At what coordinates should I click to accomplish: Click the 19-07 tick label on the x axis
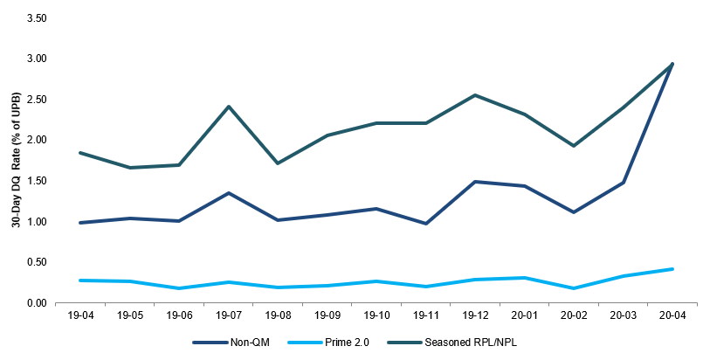tap(228, 315)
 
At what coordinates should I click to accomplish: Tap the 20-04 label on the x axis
tap(672, 315)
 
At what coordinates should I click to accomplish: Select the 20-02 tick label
tap(574, 315)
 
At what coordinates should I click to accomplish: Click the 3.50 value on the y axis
tap(38, 18)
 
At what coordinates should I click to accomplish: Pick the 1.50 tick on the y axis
tap(38, 181)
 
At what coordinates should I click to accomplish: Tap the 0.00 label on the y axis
tap(38, 303)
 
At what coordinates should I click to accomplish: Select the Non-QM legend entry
tap(231, 343)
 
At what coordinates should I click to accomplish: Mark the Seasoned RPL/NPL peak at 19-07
tap(228, 107)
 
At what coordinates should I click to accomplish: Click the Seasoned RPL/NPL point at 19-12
tap(475, 95)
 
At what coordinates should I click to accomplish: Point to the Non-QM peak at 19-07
tap(228, 193)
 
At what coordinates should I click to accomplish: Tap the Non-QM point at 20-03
tap(624, 183)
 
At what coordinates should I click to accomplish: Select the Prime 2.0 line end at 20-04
tap(672, 269)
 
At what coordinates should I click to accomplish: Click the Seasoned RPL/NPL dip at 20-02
tap(574, 146)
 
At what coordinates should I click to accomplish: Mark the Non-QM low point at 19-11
tap(425, 224)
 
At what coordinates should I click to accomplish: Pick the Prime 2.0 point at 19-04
tap(80, 280)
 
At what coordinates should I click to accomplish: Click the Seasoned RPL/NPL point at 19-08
tap(278, 163)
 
